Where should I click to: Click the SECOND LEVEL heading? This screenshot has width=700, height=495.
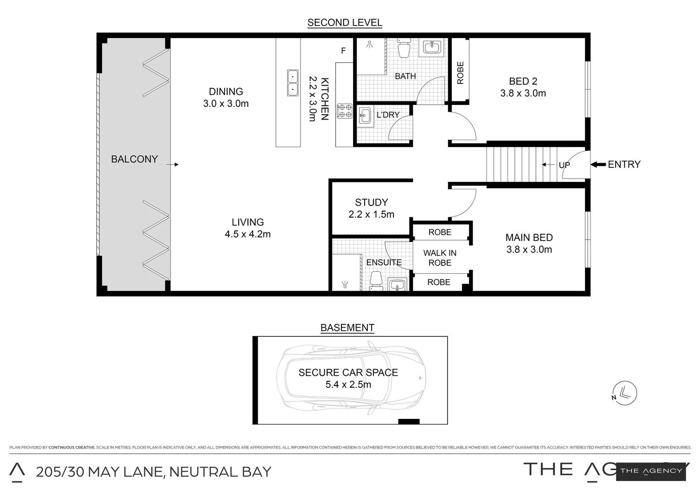(x=345, y=22)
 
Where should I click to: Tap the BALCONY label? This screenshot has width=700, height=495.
(x=134, y=159)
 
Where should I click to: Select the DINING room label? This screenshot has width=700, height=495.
(x=226, y=92)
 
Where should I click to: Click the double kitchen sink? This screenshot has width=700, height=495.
(x=293, y=82)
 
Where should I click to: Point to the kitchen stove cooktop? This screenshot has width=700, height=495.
(x=345, y=111)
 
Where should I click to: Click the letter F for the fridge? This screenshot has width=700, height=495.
(x=344, y=51)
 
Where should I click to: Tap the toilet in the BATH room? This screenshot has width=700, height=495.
(x=404, y=49)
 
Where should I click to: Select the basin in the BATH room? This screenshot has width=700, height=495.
(x=432, y=47)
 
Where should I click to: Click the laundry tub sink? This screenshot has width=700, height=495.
(x=365, y=115)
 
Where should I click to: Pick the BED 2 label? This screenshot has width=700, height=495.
(x=523, y=82)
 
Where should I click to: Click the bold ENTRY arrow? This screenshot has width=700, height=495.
(x=598, y=165)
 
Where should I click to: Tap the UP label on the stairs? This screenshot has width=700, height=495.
(x=564, y=165)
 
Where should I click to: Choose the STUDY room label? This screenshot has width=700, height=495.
(x=371, y=203)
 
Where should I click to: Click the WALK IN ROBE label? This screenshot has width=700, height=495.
(x=440, y=258)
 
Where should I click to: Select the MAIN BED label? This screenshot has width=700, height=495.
(x=529, y=237)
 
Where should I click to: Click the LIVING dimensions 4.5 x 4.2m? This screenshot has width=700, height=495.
(x=247, y=234)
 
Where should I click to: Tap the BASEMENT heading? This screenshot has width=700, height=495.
(x=347, y=328)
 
